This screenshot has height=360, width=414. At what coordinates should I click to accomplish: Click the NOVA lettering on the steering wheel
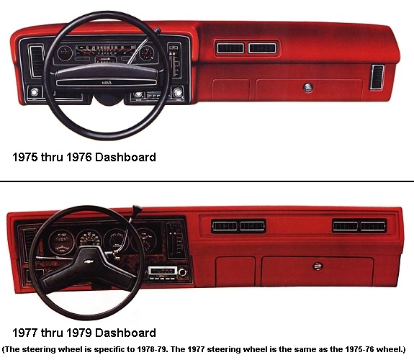pos(107,83)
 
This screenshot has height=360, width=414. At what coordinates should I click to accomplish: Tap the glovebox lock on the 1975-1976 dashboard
pos(308,87)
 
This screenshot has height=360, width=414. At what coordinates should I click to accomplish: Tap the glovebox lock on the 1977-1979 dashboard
pos(318,266)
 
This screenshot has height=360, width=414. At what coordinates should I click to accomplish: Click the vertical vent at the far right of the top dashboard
pos(377,77)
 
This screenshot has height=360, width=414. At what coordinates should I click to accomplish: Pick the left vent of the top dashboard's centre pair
pos(230,48)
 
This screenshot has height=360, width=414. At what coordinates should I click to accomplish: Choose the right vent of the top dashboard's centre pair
pos(262,48)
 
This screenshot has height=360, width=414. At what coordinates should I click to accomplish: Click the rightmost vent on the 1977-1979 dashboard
pos(372,226)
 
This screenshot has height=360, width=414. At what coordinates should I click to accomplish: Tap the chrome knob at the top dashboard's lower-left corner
pos(35,92)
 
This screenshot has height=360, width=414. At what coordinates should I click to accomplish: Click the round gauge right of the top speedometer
pos(147,53)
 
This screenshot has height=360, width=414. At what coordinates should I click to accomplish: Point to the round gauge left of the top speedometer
pos(65,53)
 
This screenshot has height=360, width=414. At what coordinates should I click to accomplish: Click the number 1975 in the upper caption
pos(25,157)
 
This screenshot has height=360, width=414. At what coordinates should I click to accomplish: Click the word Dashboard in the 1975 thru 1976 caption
pos(125,157)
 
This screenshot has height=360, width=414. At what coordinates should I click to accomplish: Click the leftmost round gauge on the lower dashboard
pos(61,242)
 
